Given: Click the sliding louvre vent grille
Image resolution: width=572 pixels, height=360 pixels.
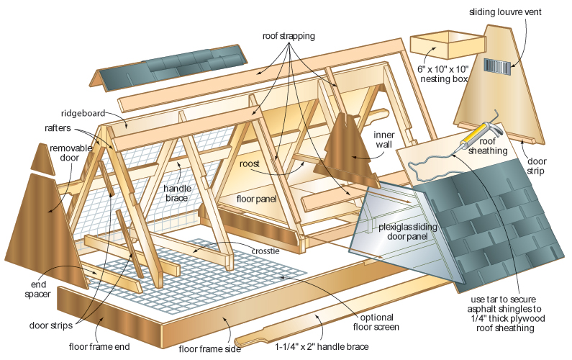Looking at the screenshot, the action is [497, 66].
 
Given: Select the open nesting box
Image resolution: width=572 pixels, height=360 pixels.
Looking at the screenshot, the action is [448, 45].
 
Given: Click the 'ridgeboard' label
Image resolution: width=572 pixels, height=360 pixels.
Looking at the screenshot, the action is [83, 113].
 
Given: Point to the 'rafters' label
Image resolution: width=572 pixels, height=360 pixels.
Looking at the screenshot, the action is [58, 127].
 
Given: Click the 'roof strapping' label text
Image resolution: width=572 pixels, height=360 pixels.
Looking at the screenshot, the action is [289, 36].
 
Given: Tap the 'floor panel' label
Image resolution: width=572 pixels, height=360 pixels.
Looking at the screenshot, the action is [256, 199].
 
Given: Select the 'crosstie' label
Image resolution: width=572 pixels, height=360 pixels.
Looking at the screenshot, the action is [265, 251].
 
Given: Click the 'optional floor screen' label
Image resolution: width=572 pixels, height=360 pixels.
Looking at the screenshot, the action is [376, 322].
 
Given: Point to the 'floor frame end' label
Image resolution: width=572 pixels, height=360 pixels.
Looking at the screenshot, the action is [99, 346].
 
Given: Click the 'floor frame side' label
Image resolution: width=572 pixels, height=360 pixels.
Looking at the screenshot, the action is [210, 349].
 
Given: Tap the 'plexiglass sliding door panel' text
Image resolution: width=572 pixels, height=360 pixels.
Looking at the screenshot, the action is [407, 232].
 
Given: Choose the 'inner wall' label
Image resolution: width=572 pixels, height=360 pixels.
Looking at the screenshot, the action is [383, 140].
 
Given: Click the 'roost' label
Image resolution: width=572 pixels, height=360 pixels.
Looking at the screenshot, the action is [250, 164].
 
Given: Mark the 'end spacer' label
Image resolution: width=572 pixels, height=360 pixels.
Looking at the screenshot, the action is [37, 289].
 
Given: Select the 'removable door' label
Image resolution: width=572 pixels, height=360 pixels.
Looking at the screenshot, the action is [71, 153].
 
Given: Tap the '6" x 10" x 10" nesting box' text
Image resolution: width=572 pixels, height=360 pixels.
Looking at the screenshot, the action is [443, 73].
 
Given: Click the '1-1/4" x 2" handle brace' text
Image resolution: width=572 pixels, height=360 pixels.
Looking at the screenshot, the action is [322, 346].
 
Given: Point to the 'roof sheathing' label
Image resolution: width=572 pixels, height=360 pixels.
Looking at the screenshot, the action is [488, 146].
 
